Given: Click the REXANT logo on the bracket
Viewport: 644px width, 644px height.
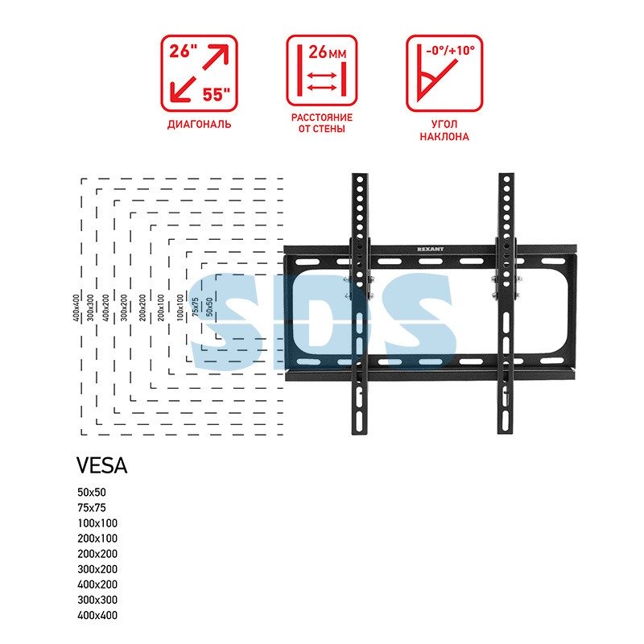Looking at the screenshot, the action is point(430,249).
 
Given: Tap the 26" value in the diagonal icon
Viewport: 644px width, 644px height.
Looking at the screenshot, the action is point(183,52).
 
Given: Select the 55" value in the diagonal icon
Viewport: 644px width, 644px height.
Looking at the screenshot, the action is point(217,94).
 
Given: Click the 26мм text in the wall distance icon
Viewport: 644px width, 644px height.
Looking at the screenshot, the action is point(328,52).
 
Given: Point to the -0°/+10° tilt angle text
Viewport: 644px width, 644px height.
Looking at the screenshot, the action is point(451,51).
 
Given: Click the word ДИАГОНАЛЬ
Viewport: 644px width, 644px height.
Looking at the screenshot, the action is point(199,125).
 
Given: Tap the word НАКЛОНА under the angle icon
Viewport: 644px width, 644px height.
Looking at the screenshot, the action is point(444,137).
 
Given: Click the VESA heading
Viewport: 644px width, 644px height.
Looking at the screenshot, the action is point(102,466).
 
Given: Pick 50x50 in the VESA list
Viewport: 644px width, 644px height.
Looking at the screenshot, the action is point(92,492).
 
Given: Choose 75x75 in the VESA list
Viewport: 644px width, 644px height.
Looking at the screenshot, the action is point(92,508).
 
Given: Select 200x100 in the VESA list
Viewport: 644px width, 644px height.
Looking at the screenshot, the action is point(97,539).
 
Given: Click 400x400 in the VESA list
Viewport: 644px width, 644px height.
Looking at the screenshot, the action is point(97,615).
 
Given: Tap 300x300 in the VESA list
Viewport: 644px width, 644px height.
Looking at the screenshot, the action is point(97,600).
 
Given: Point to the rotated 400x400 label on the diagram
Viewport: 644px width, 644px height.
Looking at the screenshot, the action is point(76,308).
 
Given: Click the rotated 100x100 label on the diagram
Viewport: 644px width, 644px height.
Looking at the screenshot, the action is point(180,308).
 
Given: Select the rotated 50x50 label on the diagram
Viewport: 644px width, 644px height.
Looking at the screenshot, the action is point(209,307).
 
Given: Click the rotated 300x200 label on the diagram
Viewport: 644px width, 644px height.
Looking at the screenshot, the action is point(124,308).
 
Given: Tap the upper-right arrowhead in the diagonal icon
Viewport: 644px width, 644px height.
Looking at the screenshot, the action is point(221,52).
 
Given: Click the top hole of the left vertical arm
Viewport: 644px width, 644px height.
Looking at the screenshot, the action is point(360,180).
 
